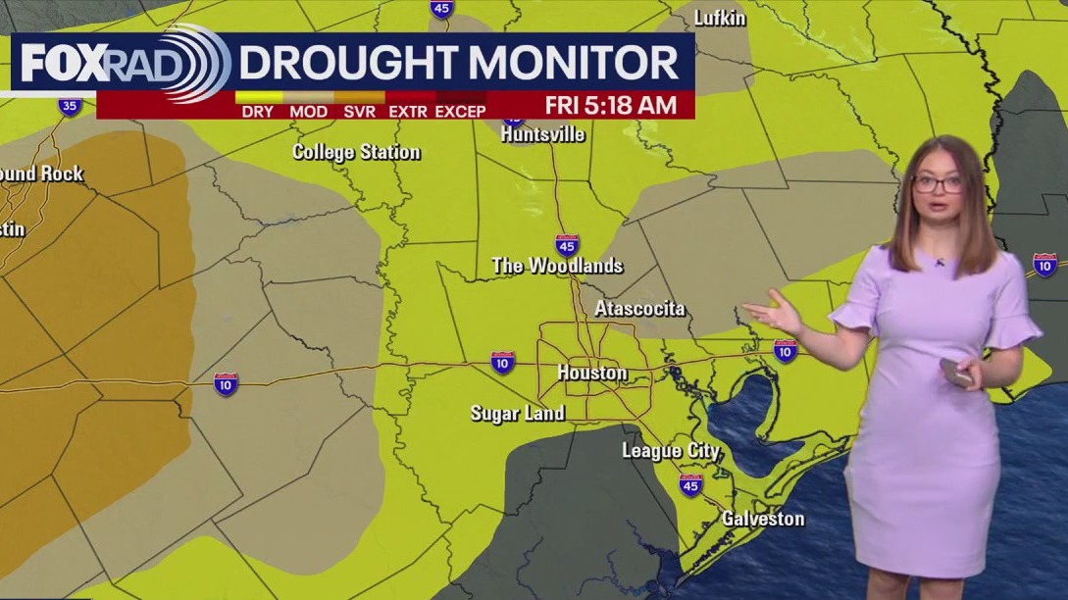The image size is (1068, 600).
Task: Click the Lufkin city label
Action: pyautogui.click(x=719, y=18)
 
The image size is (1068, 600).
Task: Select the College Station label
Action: pyautogui.click(x=356, y=152)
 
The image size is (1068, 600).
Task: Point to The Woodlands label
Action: pyautogui.click(x=556, y=266)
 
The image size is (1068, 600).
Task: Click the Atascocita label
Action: pyautogui.click(x=639, y=309)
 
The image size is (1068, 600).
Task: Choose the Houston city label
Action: pyautogui.click(x=591, y=373)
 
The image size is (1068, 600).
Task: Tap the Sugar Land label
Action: pyautogui.click(x=517, y=413)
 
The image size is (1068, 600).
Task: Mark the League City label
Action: pyautogui.click(x=670, y=451)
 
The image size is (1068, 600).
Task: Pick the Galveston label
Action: pyautogui.click(x=762, y=519)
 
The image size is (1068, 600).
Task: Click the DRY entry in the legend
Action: pyautogui.click(x=257, y=112)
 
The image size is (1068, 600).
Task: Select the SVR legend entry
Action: pyautogui.click(x=359, y=112)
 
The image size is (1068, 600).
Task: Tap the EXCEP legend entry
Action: pyautogui.click(x=460, y=112)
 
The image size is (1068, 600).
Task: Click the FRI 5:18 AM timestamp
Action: pyautogui.click(x=610, y=105)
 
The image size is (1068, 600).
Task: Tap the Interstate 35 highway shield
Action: pyautogui.click(x=69, y=106)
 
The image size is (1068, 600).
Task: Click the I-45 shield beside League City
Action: pyautogui.click(x=690, y=484)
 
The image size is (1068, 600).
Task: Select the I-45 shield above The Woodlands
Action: pyautogui.click(x=567, y=244)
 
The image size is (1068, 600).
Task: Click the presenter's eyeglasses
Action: pyautogui.click(x=939, y=182)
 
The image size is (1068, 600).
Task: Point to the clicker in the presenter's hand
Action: pyautogui.click(x=955, y=372)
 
